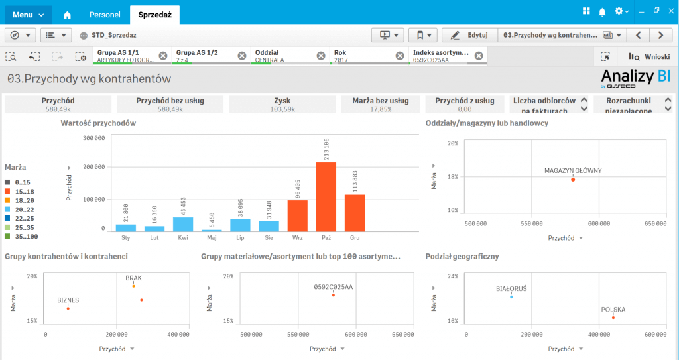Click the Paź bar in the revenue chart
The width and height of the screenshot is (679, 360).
click(x=326, y=196)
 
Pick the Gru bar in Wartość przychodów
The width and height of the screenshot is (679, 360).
click(x=355, y=212)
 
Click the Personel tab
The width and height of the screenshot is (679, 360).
click(x=105, y=14)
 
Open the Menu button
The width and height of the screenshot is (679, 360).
click(x=27, y=14)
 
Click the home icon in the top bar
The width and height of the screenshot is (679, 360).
click(x=67, y=14)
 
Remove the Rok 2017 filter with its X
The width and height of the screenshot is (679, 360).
click(x=400, y=56)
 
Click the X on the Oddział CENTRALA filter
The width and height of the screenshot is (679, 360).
click(x=321, y=56)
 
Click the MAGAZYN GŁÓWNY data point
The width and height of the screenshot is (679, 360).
click(x=573, y=180)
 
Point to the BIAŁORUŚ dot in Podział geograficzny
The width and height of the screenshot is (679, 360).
click(x=511, y=297)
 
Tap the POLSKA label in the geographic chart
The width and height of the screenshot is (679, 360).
click(x=613, y=310)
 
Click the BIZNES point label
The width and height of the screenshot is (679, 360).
click(x=68, y=300)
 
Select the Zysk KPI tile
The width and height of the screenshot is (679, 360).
click(x=282, y=104)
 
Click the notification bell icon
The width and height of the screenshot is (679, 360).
click(x=602, y=11)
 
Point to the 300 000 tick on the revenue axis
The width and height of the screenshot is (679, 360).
click(x=93, y=138)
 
